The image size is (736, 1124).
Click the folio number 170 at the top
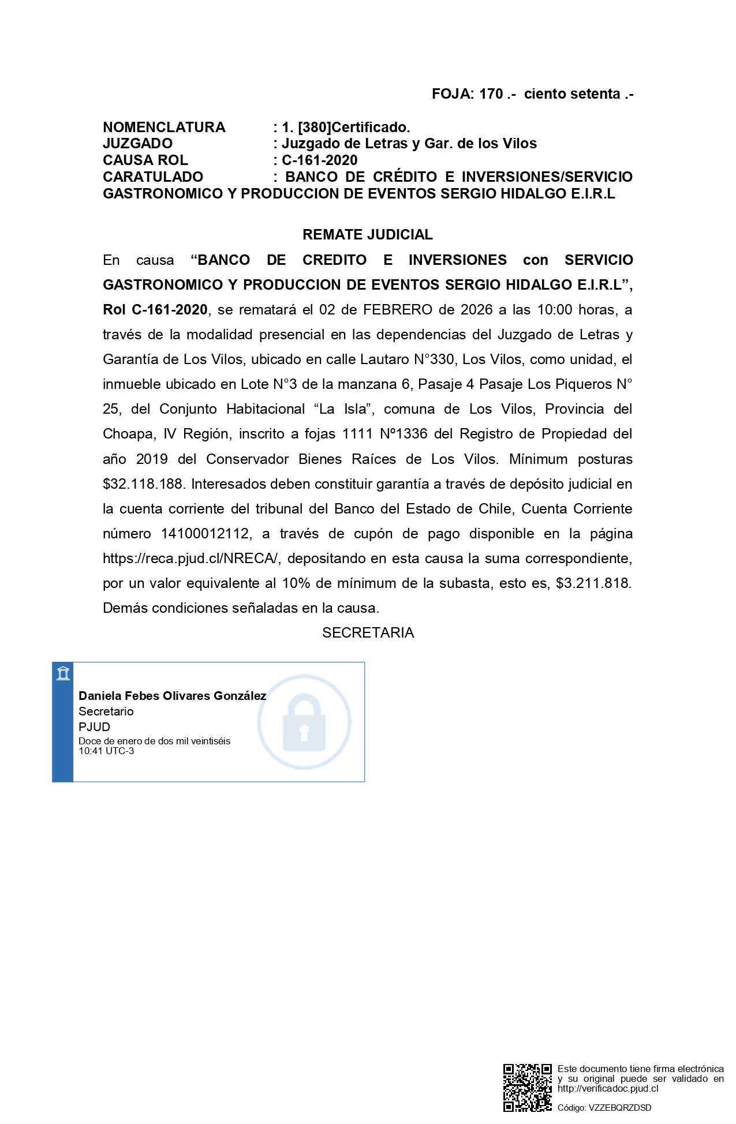(x=491, y=94)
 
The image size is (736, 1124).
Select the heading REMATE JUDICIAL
(x=367, y=235)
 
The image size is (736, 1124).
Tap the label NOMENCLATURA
(x=164, y=128)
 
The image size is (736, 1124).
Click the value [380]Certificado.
(x=354, y=128)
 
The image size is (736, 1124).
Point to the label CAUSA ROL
(x=145, y=160)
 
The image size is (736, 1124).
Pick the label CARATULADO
(x=153, y=177)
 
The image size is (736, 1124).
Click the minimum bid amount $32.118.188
(x=143, y=484)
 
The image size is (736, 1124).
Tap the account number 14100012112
(x=206, y=534)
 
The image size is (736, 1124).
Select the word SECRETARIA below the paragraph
(x=368, y=633)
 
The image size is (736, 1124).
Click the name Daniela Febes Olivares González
(x=172, y=696)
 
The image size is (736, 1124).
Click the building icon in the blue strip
(x=63, y=673)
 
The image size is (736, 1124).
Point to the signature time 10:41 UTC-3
(x=106, y=751)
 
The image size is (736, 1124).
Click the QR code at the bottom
(x=527, y=1087)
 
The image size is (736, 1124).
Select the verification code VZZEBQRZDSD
(x=619, y=1108)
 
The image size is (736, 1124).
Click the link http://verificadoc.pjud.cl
(x=607, y=1089)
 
